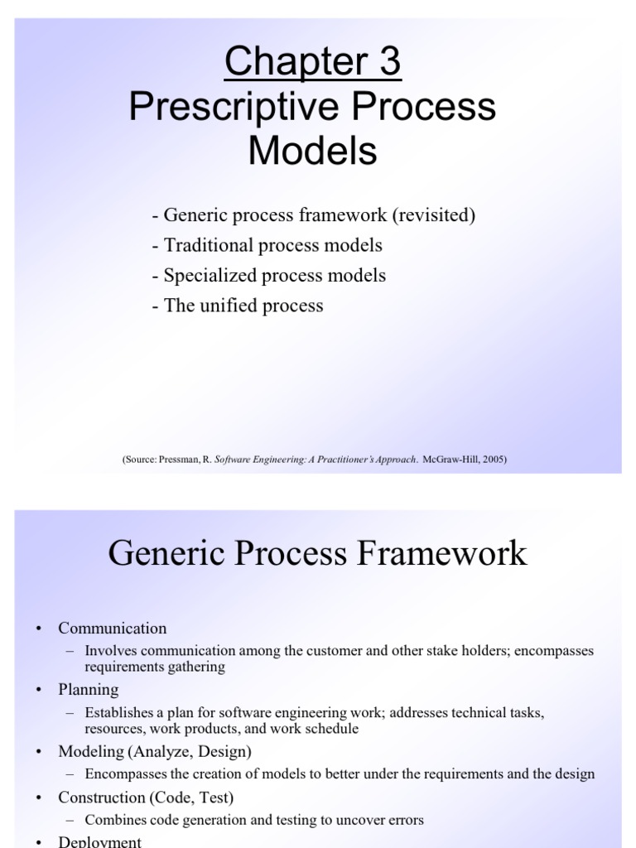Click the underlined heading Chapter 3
[312, 63]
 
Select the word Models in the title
[312, 152]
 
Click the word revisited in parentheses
[434, 216]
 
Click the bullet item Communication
[112, 629]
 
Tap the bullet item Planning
[88, 690]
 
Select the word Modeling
[92, 752]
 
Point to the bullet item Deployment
[99, 841]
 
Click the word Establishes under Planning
[118, 712]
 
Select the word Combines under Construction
[113, 820]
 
